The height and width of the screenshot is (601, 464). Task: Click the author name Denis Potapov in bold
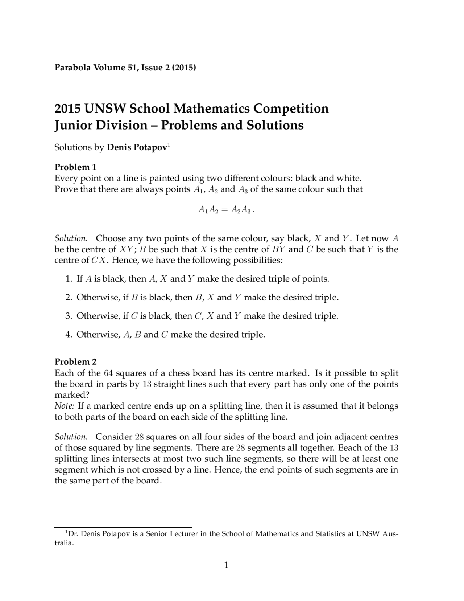click(x=137, y=147)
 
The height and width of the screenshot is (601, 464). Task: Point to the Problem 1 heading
click(x=75, y=167)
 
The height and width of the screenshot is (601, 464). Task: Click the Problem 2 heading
click(x=75, y=361)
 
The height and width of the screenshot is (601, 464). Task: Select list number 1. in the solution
click(x=69, y=279)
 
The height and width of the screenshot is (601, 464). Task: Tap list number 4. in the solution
click(x=69, y=334)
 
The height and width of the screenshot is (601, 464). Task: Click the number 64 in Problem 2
click(x=108, y=373)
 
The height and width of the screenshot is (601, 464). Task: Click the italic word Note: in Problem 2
click(x=65, y=406)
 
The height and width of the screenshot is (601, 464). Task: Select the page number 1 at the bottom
click(x=226, y=565)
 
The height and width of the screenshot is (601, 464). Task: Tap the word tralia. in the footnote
click(x=64, y=544)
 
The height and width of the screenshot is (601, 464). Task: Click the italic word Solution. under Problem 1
click(x=71, y=238)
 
